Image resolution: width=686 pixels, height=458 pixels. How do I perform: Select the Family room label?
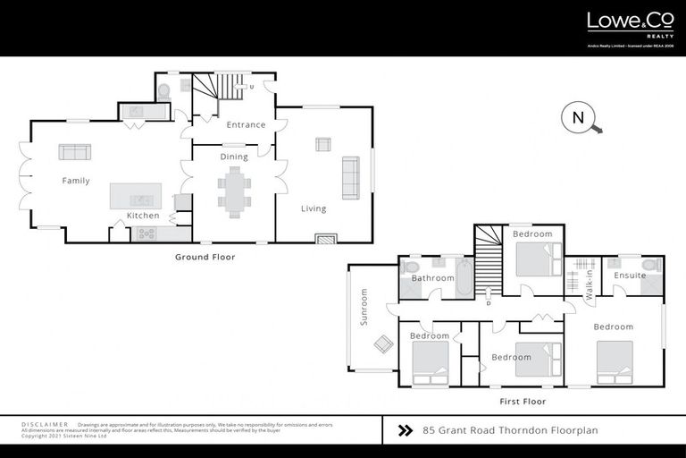76,181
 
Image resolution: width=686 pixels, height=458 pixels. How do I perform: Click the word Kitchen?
143,216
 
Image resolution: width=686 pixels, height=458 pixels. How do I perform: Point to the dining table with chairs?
233,191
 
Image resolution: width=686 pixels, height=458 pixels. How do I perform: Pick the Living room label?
314,208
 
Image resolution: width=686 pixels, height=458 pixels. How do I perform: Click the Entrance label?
246,124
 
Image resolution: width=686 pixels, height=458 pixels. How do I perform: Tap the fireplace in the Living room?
326,238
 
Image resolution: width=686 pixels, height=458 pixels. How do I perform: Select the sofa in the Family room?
75,151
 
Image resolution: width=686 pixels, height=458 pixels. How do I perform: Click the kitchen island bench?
136,196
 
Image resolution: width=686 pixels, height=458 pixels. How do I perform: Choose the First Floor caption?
523,402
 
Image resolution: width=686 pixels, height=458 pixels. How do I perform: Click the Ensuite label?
630,276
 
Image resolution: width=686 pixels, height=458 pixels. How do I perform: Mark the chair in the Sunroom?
381,343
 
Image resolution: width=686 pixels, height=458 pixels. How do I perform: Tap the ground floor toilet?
163,90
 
